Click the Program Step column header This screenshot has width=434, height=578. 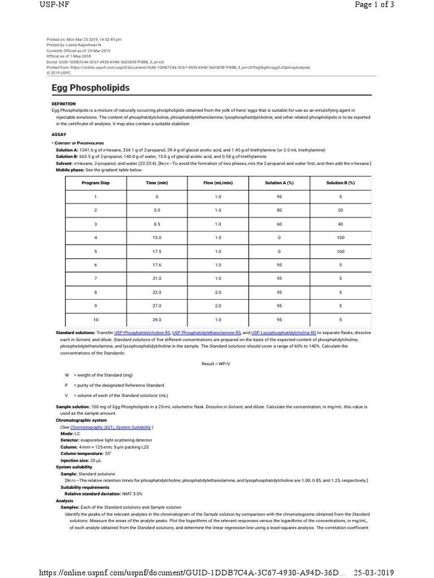tap(96, 183)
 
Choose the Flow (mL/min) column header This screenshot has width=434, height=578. tap(218, 183)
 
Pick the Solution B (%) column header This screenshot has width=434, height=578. tap(340, 183)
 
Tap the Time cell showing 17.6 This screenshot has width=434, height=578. tap(157, 264)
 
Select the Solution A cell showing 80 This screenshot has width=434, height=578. tap(279, 209)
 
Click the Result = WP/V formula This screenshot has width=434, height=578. tap(217, 364)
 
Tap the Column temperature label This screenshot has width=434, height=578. tap(79, 453)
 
